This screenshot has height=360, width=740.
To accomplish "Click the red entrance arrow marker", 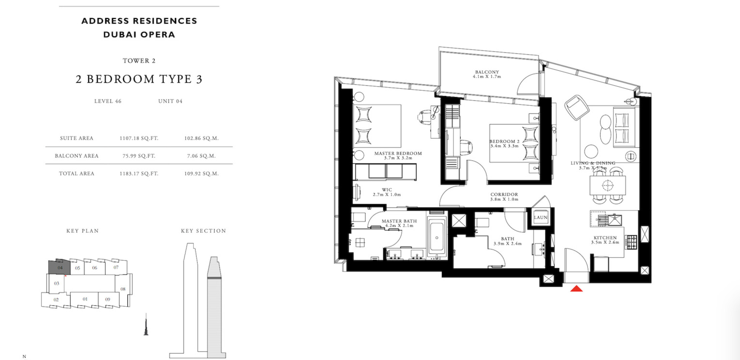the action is pos(576,288).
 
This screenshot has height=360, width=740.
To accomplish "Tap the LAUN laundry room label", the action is pos(541,217).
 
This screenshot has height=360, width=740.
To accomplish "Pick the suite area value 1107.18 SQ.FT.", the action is pos(139,138).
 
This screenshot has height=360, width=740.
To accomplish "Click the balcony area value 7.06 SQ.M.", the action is pos(201,156).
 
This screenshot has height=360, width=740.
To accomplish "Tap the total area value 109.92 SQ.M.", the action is pos(201,174).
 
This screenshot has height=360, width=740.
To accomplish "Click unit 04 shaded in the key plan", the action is pos(59,267).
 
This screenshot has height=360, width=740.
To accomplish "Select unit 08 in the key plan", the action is pos(123,289).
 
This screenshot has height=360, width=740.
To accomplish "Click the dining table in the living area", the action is pos(607,185).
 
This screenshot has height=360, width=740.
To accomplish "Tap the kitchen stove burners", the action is pos(631,242).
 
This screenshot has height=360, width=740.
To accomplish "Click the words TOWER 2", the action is pos(139,61).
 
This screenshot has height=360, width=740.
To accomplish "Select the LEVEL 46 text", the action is pos(108,101).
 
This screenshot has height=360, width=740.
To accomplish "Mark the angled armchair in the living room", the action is pos(577,107).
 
